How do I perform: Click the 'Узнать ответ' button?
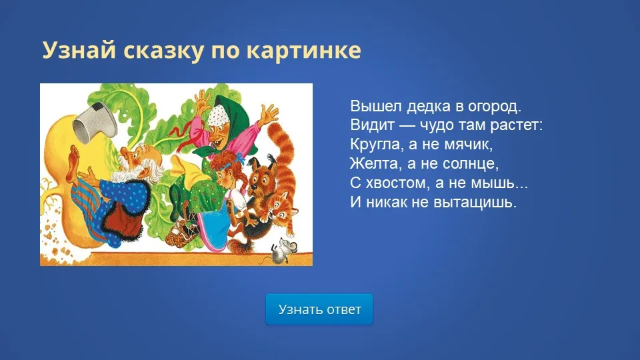(319, 309)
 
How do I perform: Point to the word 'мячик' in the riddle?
(468, 144)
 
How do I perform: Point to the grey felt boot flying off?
(95, 123)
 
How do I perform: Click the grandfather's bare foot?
(73, 163)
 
